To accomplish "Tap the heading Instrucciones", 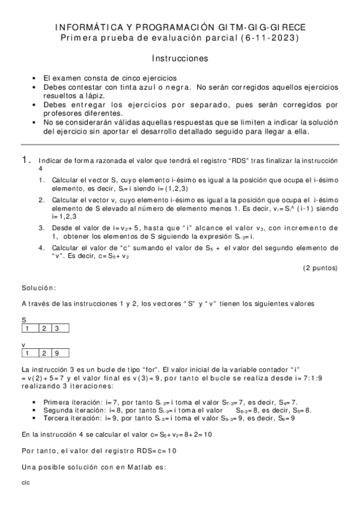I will point(180,59).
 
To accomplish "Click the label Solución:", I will point(38,288).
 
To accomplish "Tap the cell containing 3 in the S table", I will point(57,328).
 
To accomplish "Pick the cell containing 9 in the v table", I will point(57,352).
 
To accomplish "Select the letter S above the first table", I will point(23,320).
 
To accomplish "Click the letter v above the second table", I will point(23,345).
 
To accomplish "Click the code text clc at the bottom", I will point(25,482).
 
